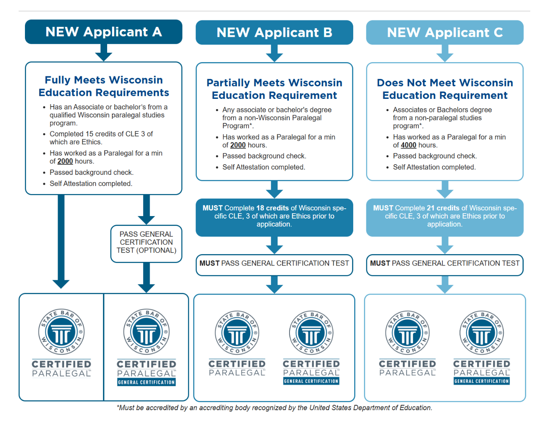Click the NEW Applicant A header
(x=103, y=32)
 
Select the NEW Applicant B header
(x=274, y=32)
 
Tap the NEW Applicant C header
(x=445, y=32)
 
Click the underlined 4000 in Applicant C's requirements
(x=408, y=145)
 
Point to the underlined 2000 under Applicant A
(x=65, y=161)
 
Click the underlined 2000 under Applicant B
(x=238, y=145)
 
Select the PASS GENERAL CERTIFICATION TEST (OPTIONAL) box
(x=146, y=244)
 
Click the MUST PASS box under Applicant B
(x=274, y=265)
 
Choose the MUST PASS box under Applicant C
(x=445, y=265)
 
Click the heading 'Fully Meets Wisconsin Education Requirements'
(x=104, y=86)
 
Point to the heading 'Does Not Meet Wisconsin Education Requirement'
(x=445, y=89)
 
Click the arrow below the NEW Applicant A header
(x=103, y=52)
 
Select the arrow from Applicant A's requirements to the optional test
(x=146, y=210)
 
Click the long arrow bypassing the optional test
(x=61, y=241)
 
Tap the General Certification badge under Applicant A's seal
(x=146, y=382)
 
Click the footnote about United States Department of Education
(x=274, y=408)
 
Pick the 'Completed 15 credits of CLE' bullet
(x=101, y=138)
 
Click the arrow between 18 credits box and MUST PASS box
(x=274, y=245)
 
